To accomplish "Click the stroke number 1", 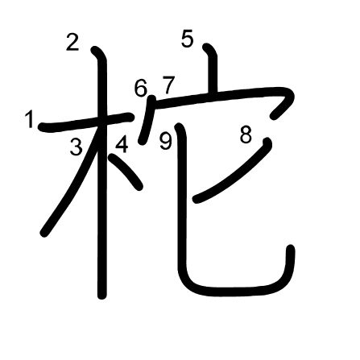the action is point(30,119).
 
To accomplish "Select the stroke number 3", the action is point(77,147).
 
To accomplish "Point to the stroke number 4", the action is point(122,144).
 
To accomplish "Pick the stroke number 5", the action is point(187,39).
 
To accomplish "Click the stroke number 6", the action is point(141,88).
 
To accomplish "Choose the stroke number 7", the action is point(168,85).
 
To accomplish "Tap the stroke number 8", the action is point(246,134).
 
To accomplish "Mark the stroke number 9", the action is point(165,142).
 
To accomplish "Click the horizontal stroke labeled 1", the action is point(86,122).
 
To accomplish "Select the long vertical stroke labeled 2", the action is point(101,172).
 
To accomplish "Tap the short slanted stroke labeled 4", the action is point(125,171).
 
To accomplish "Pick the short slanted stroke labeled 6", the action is point(147,120).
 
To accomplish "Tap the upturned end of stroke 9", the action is point(291,248).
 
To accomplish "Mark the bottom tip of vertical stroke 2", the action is point(101,296).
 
